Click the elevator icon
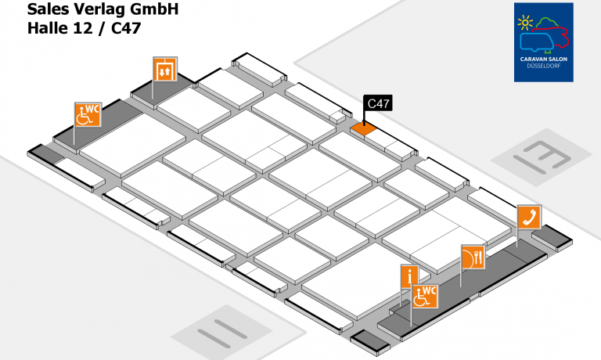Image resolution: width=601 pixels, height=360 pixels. [x=164, y=70]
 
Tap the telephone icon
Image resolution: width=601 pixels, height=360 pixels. [x=527, y=217]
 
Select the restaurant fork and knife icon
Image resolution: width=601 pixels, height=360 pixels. [x=473, y=256]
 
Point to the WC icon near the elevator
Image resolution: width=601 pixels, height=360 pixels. [x=88, y=115]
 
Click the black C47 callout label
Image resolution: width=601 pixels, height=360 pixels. [x=379, y=103]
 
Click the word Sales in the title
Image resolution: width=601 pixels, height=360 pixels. [x=48, y=10]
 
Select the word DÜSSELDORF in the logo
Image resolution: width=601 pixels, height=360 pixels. [x=543, y=65]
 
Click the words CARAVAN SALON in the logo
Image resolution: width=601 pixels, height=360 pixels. [x=543, y=58]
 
